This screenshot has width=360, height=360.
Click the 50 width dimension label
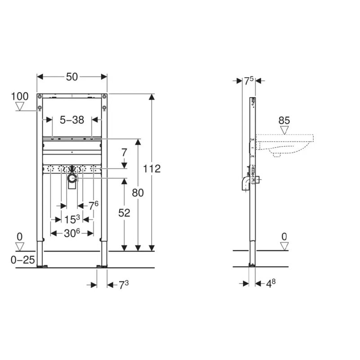72,77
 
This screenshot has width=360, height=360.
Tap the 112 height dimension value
152,169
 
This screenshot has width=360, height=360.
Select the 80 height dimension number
138,193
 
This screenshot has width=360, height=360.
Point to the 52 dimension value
124,213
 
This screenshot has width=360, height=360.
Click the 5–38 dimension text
72,120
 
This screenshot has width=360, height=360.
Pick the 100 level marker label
20,96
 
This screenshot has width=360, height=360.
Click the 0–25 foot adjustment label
23,260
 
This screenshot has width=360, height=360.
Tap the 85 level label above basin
284,120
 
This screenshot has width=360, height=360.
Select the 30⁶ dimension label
72,233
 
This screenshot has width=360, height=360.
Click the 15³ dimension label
72,219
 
